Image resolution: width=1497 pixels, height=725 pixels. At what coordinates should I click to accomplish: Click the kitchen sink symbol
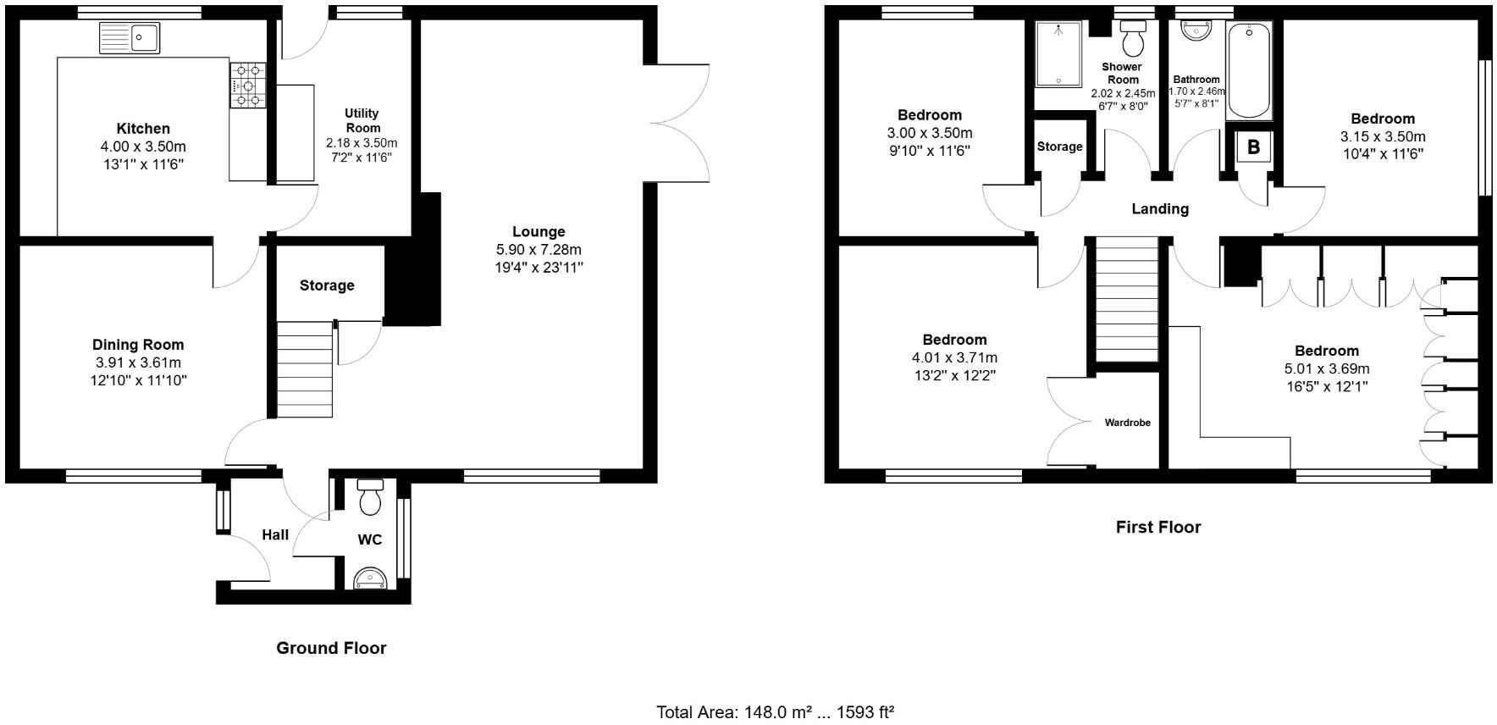(x=130, y=38)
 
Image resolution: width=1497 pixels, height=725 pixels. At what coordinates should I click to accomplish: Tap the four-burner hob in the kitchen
(x=247, y=86)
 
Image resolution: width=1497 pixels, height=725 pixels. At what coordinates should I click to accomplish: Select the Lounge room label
(x=539, y=231)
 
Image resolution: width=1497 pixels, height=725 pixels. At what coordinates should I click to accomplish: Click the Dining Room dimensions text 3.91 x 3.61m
(x=138, y=362)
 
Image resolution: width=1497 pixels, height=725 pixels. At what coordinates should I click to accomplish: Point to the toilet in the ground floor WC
(x=371, y=497)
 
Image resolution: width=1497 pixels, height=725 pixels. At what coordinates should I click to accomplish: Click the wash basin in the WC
(x=372, y=578)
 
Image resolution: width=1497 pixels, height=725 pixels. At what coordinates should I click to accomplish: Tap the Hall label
(x=275, y=534)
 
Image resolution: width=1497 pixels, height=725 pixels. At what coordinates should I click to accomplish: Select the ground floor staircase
(x=305, y=369)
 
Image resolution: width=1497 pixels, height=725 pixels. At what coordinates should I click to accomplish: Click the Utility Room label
(x=362, y=120)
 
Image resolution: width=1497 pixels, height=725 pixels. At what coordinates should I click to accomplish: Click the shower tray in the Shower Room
(x=1058, y=54)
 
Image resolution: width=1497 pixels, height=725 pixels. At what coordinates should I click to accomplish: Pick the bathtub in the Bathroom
(x=1250, y=72)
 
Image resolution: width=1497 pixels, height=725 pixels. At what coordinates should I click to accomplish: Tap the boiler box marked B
(x=1253, y=147)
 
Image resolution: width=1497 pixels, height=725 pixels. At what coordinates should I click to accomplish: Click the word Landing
(x=1160, y=208)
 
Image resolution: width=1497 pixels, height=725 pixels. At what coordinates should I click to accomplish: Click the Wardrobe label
(x=1127, y=422)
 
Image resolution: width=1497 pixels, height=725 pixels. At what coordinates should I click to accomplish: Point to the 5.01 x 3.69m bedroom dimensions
(x=1327, y=368)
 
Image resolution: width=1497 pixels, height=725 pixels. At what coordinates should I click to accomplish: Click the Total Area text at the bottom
(x=775, y=711)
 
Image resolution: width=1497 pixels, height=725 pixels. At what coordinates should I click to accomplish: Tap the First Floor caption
(x=1157, y=527)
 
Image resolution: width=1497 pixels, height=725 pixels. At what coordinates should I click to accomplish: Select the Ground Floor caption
(x=331, y=648)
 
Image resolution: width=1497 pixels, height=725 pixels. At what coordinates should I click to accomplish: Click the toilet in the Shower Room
(x=1133, y=38)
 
